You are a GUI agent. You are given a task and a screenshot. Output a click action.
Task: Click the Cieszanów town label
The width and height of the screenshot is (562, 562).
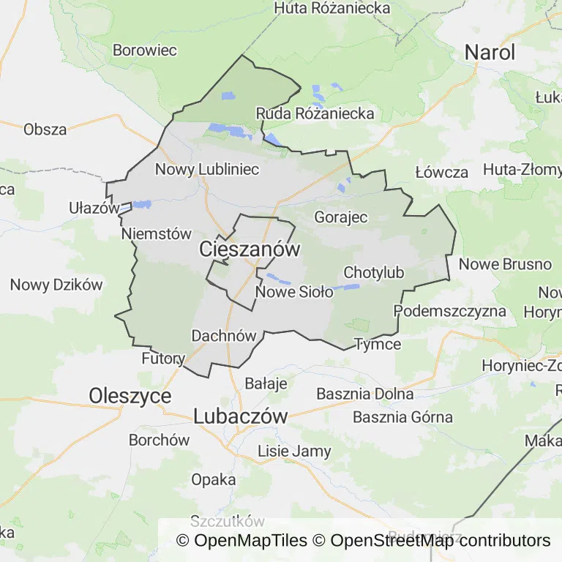pos(250,250)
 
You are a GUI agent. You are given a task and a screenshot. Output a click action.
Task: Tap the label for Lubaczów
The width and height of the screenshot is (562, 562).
pos(241,416)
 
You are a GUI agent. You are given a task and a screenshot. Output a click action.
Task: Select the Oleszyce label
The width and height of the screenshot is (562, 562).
pos(130,396)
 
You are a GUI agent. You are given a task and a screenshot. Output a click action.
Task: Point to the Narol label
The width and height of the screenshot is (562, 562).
pos(490,53)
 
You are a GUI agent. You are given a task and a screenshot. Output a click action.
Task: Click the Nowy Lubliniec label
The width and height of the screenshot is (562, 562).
pos(207,170)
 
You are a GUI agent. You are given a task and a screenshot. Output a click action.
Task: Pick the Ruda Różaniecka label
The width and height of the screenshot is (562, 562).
pos(315,113)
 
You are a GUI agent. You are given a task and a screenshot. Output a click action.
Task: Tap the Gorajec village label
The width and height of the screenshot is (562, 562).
pos(340,217)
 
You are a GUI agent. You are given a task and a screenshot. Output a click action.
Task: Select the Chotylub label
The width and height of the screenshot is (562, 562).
pos(373,273)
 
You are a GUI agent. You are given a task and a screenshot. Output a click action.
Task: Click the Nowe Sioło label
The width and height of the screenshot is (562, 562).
pos(294,292)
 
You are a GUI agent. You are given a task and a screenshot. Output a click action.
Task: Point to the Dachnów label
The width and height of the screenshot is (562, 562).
pos(223,336)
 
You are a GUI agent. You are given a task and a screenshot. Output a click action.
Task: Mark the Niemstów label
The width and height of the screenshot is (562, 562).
pos(156,233)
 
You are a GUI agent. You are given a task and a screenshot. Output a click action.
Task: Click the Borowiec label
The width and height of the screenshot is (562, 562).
pos(145,51)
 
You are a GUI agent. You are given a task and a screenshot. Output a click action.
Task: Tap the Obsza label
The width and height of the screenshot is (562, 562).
pos(45,130)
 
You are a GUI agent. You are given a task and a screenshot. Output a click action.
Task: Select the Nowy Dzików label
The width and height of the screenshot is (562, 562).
pos(56,285)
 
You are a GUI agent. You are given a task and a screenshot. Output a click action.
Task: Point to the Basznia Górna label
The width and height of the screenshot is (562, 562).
pos(402,418)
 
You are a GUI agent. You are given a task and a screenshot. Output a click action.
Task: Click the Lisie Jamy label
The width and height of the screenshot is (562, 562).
pos(294,451)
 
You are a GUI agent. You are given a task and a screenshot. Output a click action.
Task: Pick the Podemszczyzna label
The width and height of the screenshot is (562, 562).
pos(450,311)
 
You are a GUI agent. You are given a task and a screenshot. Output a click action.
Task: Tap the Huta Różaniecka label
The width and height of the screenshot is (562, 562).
pos(332,9)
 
